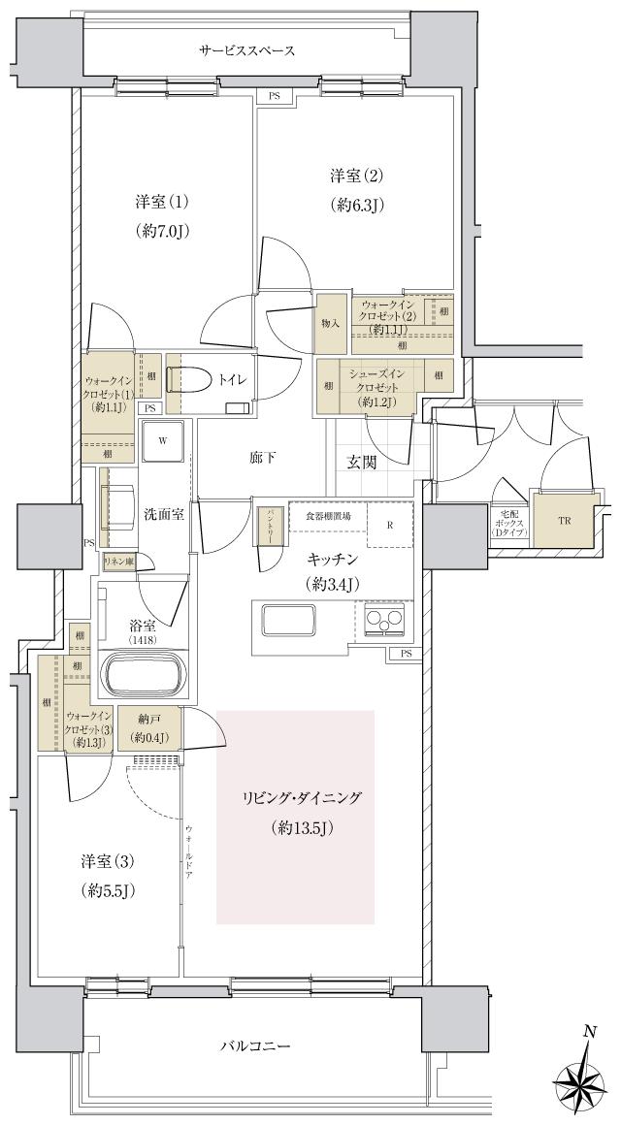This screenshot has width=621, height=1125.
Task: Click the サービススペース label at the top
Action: click(246, 50)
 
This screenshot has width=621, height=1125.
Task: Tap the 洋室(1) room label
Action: click(161, 203)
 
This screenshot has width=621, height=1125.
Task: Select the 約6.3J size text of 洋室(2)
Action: click(356, 205)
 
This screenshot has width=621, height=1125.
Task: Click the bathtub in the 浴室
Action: click(143, 672)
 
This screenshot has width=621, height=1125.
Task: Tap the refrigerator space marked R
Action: click(390, 526)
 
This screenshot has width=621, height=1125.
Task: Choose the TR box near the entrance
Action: click(565, 520)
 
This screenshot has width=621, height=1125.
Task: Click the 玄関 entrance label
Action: click(362, 462)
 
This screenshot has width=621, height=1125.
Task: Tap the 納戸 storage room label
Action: click(149, 721)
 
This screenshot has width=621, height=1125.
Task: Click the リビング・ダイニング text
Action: click(302, 798)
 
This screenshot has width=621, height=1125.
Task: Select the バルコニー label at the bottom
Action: click(255, 1046)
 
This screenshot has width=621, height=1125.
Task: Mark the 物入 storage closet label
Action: click(330, 322)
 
